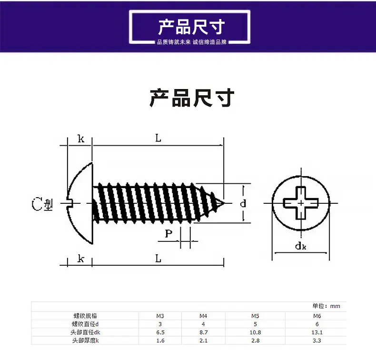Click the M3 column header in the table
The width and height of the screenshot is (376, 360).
(x=160, y=316)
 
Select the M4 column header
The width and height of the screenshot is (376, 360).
(x=203, y=316)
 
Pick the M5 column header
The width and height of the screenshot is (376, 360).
(x=255, y=316)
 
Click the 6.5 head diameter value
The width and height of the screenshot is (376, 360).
(x=160, y=332)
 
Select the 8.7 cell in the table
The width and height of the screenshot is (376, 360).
(x=203, y=332)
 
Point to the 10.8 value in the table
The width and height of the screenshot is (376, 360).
(x=255, y=332)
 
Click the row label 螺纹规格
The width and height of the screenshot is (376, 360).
(x=86, y=316)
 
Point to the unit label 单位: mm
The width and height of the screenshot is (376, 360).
(x=326, y=306)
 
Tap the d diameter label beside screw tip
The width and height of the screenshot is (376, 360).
(x=243, y=204)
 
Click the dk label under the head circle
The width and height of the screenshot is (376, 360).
(x=300, y=246)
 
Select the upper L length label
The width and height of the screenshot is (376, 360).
(x=158, y=139)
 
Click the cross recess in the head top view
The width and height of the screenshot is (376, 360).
(x=301, y=203)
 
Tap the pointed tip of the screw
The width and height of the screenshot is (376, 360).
(x=224, y=203)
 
